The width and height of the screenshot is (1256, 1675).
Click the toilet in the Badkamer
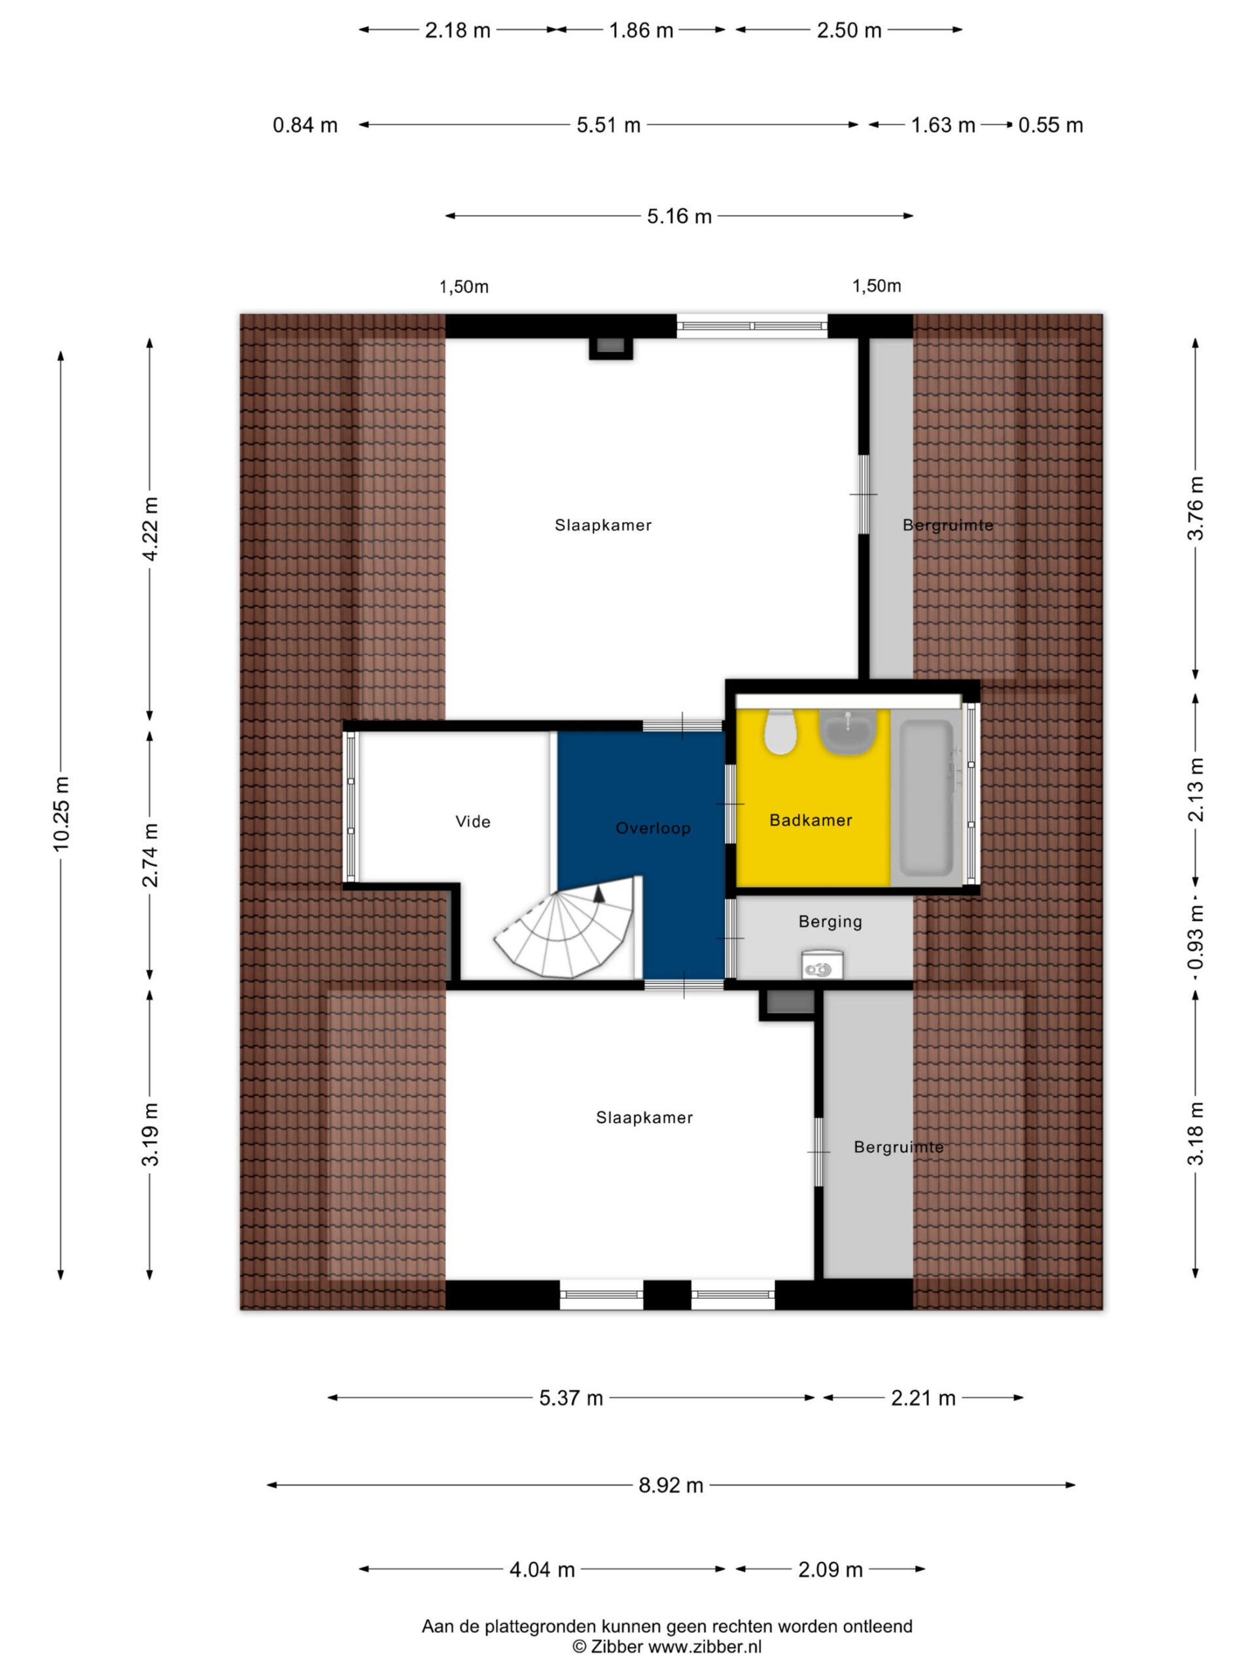pos(780,732)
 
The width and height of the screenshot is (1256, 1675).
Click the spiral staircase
pos(564,927)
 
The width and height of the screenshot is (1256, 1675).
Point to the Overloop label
pos(653,828)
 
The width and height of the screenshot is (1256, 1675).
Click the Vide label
pos(473,822)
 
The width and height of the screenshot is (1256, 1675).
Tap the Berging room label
pos(829,921)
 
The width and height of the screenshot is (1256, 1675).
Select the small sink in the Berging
pos(822,966)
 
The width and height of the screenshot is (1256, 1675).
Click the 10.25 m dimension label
pos(61,813)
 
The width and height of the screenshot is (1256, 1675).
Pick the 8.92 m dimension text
pos(671,1485)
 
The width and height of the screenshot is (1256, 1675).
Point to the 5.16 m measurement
pos(679,217)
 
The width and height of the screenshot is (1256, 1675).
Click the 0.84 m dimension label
pos(305,125)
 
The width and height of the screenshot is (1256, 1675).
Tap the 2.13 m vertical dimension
pos(1195,790)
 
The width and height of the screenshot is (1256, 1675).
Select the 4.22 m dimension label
pos(150,529)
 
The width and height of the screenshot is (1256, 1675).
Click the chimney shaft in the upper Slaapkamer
pos(610,347)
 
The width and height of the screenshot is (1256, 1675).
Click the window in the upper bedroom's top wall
pos(752,326)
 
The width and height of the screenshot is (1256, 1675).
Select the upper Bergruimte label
pos(947,525)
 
